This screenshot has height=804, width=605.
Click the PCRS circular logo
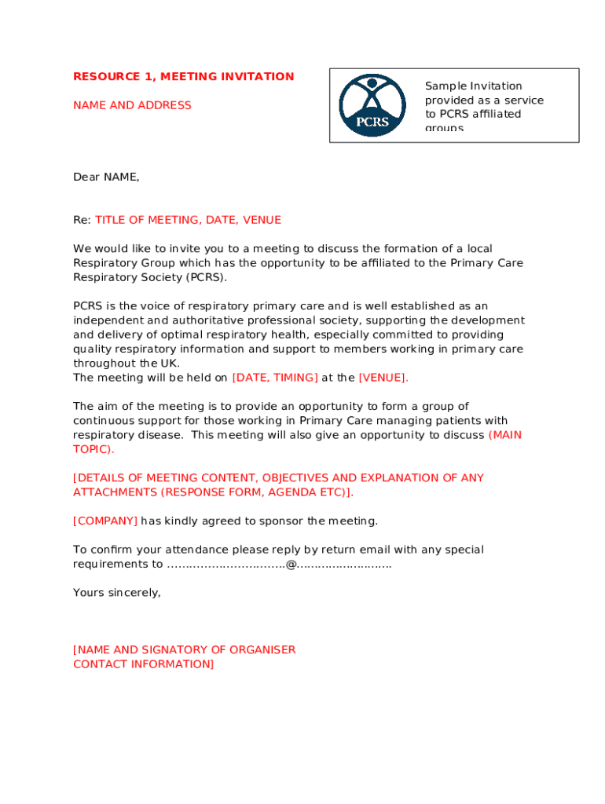372,105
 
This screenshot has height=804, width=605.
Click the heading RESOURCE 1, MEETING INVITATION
183,77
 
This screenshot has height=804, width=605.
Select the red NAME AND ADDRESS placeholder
132,105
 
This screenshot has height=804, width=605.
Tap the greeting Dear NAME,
106,177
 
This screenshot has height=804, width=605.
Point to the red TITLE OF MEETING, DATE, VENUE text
188,220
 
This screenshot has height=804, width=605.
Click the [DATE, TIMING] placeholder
275,378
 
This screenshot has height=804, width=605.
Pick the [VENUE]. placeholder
383,378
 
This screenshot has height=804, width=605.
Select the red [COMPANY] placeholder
105,521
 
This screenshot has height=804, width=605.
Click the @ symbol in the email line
291,565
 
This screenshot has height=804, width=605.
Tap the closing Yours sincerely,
117,593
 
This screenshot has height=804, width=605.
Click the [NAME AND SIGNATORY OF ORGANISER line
185,650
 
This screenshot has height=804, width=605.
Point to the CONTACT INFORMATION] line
143,664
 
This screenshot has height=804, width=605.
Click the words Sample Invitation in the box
473,86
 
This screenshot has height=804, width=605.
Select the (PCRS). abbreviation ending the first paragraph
207,277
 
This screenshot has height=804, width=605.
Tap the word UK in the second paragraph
170,364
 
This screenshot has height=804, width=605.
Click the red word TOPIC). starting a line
93,449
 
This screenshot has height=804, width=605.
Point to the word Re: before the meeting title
82,220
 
